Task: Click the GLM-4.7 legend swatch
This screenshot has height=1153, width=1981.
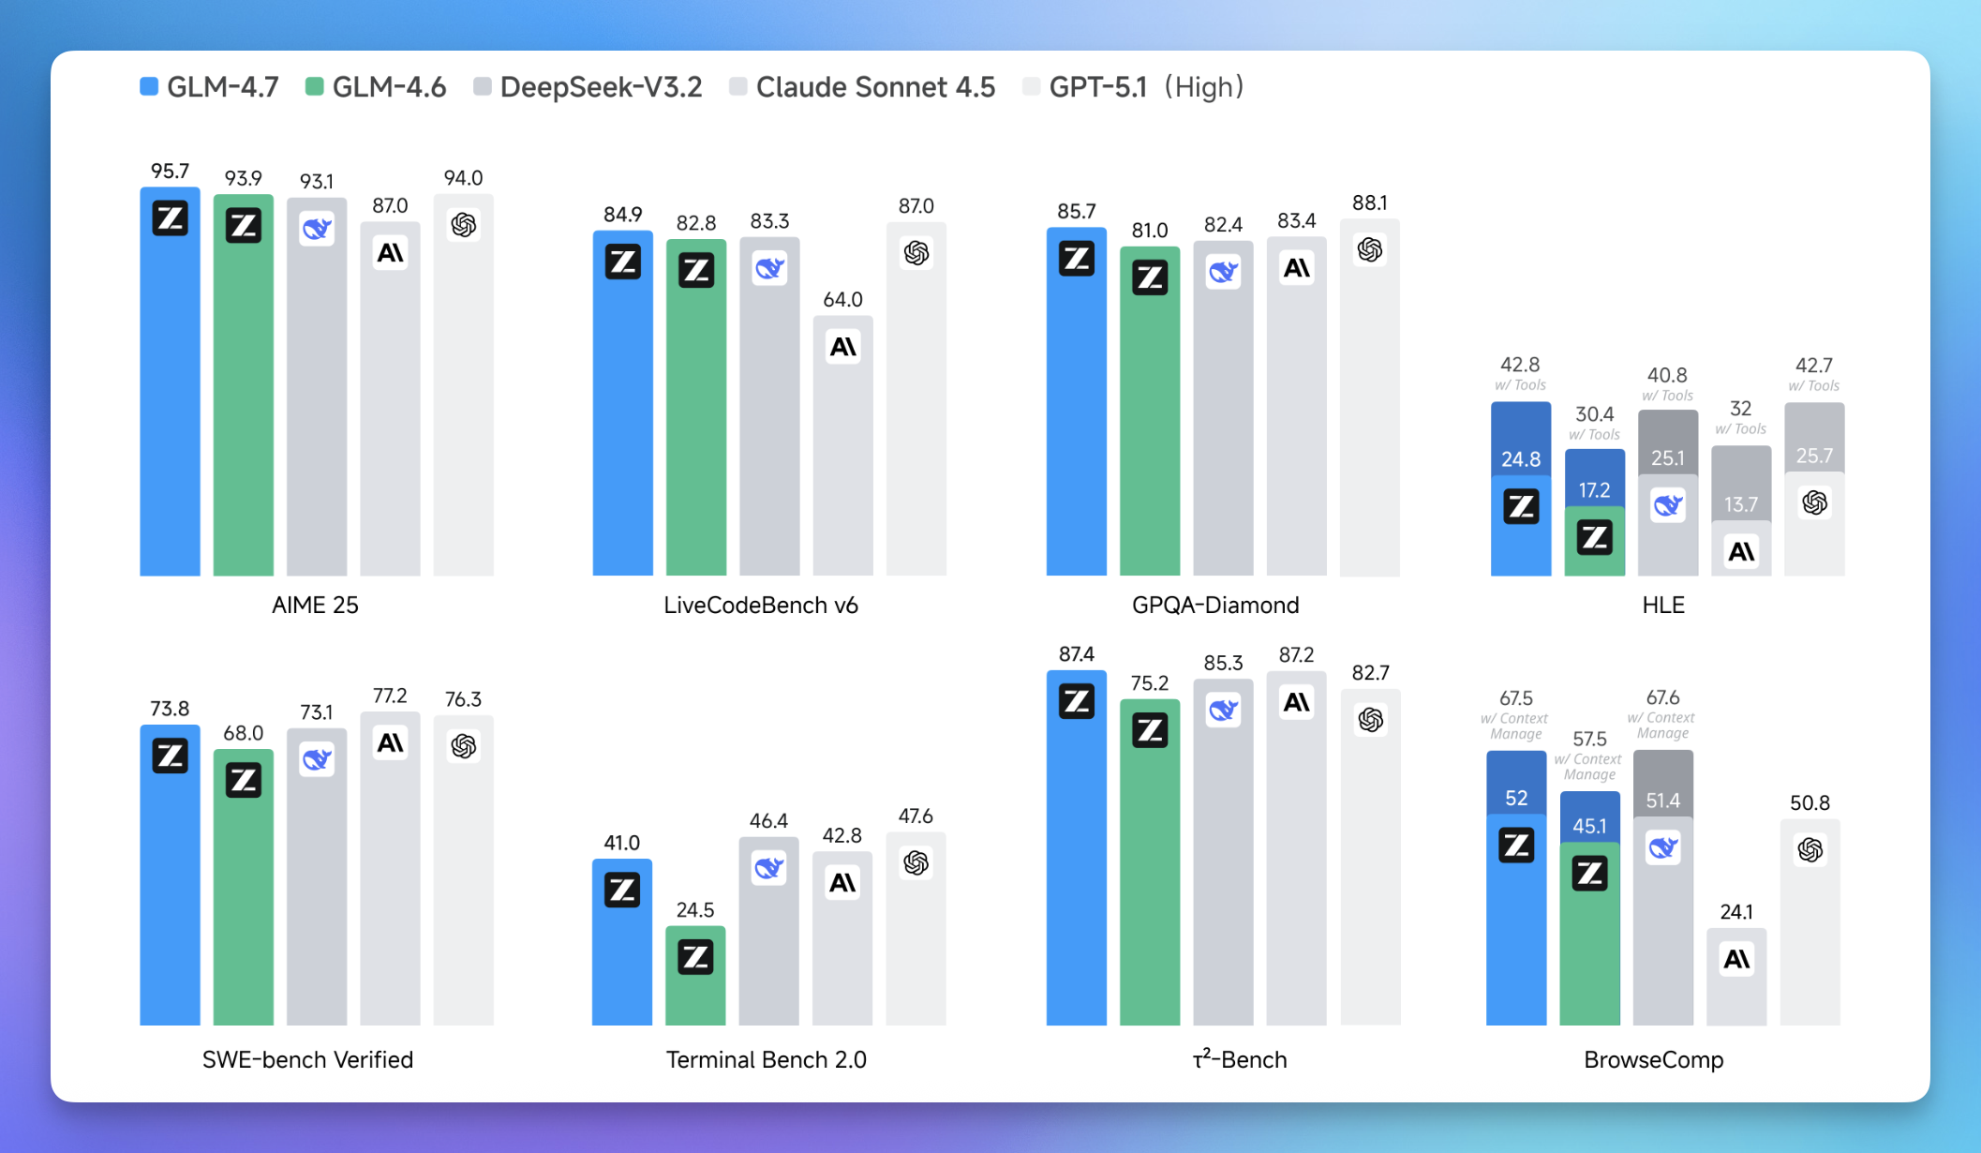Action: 149,87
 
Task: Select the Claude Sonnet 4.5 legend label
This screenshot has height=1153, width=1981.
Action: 874,87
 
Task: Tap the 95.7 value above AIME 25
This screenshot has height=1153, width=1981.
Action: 170,171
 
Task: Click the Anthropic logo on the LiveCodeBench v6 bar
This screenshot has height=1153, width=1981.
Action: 842,348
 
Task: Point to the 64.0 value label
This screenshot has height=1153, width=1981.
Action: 842,300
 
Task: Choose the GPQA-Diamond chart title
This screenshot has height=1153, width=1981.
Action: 1214,605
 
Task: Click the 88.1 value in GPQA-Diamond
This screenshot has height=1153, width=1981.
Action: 1369,202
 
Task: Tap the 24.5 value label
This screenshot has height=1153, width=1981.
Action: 695,909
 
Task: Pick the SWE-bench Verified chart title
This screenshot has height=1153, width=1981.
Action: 307,1059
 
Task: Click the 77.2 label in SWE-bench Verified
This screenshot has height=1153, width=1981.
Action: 390,696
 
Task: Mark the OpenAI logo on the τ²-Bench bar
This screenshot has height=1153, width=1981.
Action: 1370,720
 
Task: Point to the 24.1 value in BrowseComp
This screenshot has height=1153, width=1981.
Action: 1736,911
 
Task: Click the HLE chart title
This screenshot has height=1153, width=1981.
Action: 1663,605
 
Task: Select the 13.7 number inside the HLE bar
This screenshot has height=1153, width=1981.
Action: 1740,504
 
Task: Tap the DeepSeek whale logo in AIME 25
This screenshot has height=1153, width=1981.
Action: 317,228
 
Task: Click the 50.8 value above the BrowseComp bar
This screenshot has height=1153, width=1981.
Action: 1810,802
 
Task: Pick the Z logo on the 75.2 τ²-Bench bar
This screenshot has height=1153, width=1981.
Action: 1150,729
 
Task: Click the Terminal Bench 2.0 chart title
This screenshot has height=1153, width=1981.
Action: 766,1059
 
